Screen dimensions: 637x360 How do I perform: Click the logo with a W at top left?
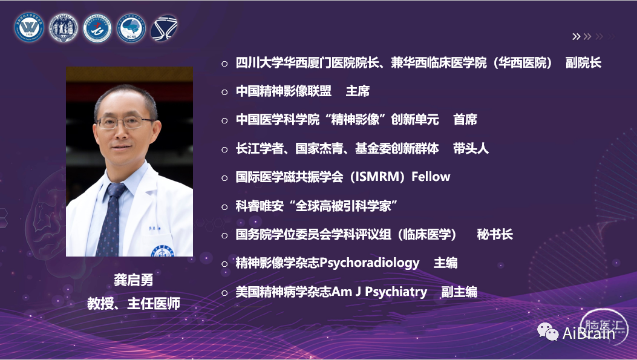(29, 28)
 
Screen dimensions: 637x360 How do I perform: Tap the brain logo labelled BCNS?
(131, 28)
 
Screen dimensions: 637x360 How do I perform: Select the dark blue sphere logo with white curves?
(164, 28)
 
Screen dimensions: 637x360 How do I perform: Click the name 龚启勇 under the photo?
(133, 280)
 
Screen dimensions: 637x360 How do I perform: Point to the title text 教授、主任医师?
(133, 304)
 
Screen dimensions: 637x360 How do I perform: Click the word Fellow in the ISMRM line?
(431, 177)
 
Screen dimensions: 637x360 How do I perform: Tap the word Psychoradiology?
(370, 263)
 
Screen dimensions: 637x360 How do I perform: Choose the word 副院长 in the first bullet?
(583, 63)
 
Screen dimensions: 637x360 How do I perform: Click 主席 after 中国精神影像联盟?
(358, 91)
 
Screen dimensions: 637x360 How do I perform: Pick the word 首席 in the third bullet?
(465, 120)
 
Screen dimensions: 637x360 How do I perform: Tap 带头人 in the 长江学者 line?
(471, 149)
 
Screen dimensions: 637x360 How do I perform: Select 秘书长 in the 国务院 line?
(495, 234)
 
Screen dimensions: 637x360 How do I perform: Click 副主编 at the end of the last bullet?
(460, 292)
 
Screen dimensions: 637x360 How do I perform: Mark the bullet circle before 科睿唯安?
(224, 207)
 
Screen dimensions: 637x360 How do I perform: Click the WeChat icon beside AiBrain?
(547, 332)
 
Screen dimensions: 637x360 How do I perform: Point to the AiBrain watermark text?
(589, 333)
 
